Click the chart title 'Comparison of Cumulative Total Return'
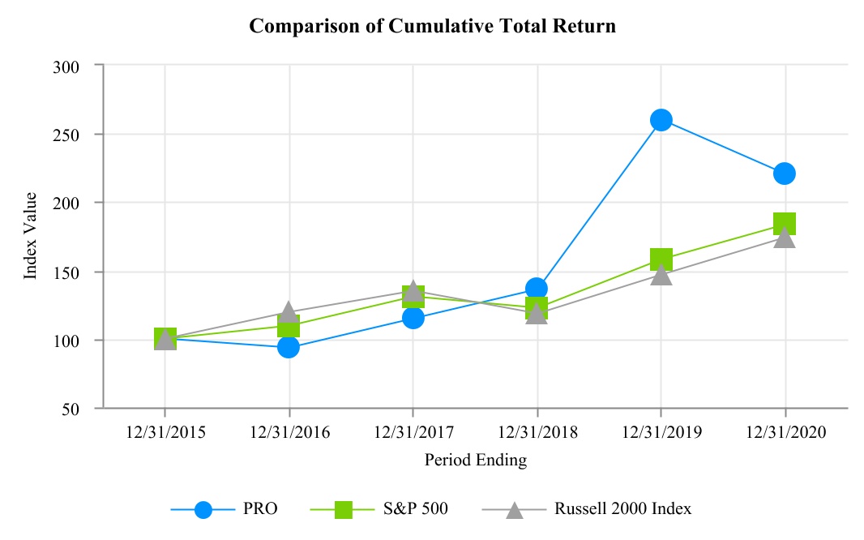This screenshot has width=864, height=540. tap(432, 26)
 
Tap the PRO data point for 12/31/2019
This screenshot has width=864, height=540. tap(661, 120)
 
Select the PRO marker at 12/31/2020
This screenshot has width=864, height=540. tap(784, 174)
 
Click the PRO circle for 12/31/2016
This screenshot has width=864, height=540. tap(289, 347)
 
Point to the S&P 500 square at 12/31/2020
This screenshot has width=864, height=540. tap(784, 223)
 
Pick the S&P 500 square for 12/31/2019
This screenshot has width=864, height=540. tap(661, 259)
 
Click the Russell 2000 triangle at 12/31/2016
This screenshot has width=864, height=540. tap(289, 312)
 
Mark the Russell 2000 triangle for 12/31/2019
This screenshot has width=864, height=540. tap(661, 275)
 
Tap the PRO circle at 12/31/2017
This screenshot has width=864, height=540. tap(413, 318)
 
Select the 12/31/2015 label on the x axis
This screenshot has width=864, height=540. tap(165, 433)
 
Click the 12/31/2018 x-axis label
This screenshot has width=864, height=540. tap(537, 433)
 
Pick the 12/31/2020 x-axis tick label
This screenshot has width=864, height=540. tap(784, 433)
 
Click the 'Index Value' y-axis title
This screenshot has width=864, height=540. tap(31, 236)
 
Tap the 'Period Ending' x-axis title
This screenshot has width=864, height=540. tap(475, 461)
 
